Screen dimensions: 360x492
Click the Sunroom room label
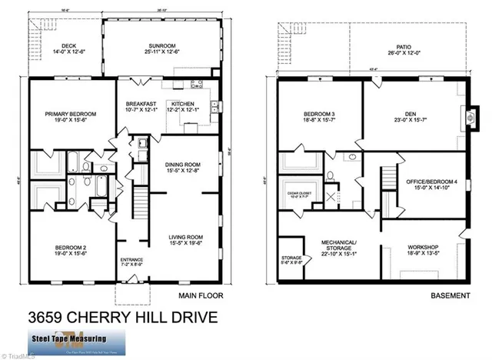point(161,48)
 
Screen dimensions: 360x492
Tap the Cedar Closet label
point(296,192)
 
